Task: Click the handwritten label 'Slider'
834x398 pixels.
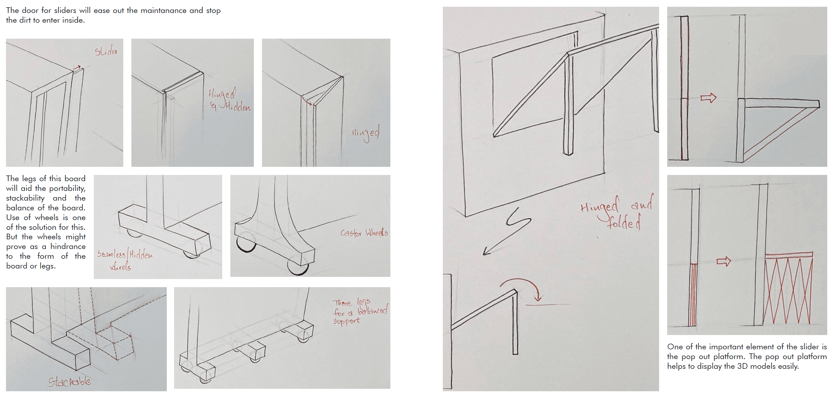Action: (106, 51)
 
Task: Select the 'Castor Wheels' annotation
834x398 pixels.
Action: (364, 233)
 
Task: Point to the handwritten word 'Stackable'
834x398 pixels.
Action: (69, 382)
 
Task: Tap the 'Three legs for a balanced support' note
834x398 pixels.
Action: (360, 311)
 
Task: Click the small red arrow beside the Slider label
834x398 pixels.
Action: (77, 67)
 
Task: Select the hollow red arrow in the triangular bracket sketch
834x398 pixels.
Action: (708, 98)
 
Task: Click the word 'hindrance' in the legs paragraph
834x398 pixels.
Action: (68, 246)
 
